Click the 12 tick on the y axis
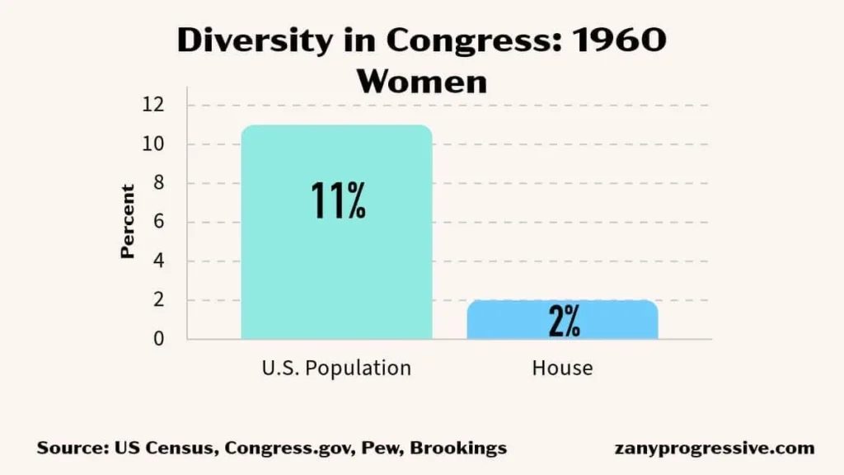click(x=154, y=105)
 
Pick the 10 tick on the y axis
click(x=154, y=144)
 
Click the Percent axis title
click(x=128, y=222)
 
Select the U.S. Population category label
click(x=336, y=368)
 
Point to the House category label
click(x=562, y=368)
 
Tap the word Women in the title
click(x=421, y=81)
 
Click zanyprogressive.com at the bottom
click(x=715, y=449)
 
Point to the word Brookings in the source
click(x=458, y=449)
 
